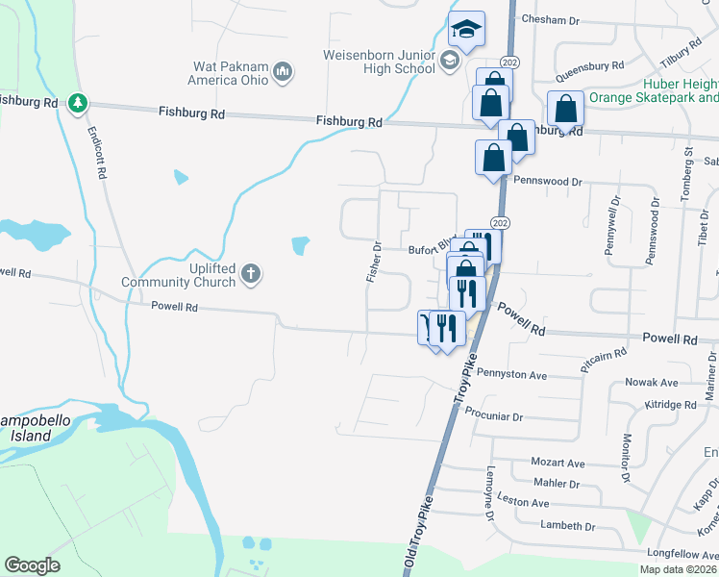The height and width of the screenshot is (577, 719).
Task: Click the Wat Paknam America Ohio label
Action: click(x=227, y=73)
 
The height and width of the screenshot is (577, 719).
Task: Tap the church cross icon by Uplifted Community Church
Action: click(x=250, y=274)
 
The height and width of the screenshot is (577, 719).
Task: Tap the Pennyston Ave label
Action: click(x=511, y=374)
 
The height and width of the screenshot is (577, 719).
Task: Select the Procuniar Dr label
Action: click(x=493, y=417)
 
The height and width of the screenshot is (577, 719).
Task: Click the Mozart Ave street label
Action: click(x=558, y=463)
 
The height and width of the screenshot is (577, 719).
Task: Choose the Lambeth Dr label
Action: click(x=567, y=526)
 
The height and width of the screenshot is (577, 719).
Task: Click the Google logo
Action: click(x=32, y=564)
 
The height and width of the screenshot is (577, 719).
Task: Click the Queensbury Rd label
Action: click(x=589, y=67)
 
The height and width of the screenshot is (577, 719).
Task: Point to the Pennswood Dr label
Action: click(x=548, y=181)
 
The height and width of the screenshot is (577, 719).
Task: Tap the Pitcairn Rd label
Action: click(x=603, y=362)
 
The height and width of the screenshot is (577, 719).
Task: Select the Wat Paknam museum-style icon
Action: click(x=283, y=70)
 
